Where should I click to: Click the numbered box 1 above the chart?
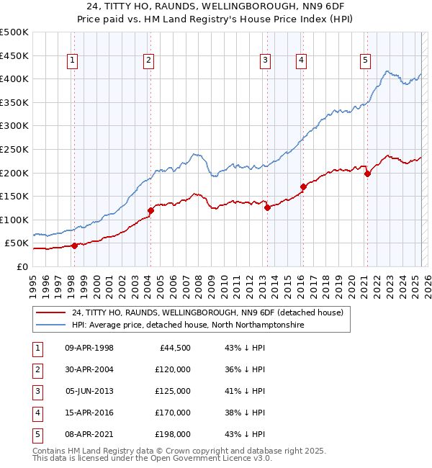point(73,60)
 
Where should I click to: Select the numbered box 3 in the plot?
point(266,60)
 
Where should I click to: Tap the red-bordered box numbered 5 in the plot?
point(366,60)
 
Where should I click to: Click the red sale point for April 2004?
point(150,210)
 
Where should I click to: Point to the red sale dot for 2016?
point(303,186)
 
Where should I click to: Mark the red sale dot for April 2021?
point(367,173)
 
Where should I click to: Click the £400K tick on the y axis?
point(14,78)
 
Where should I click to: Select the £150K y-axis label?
point(14,196)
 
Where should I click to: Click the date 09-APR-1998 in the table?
point(89,348)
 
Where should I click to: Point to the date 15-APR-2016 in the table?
point(89,413)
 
